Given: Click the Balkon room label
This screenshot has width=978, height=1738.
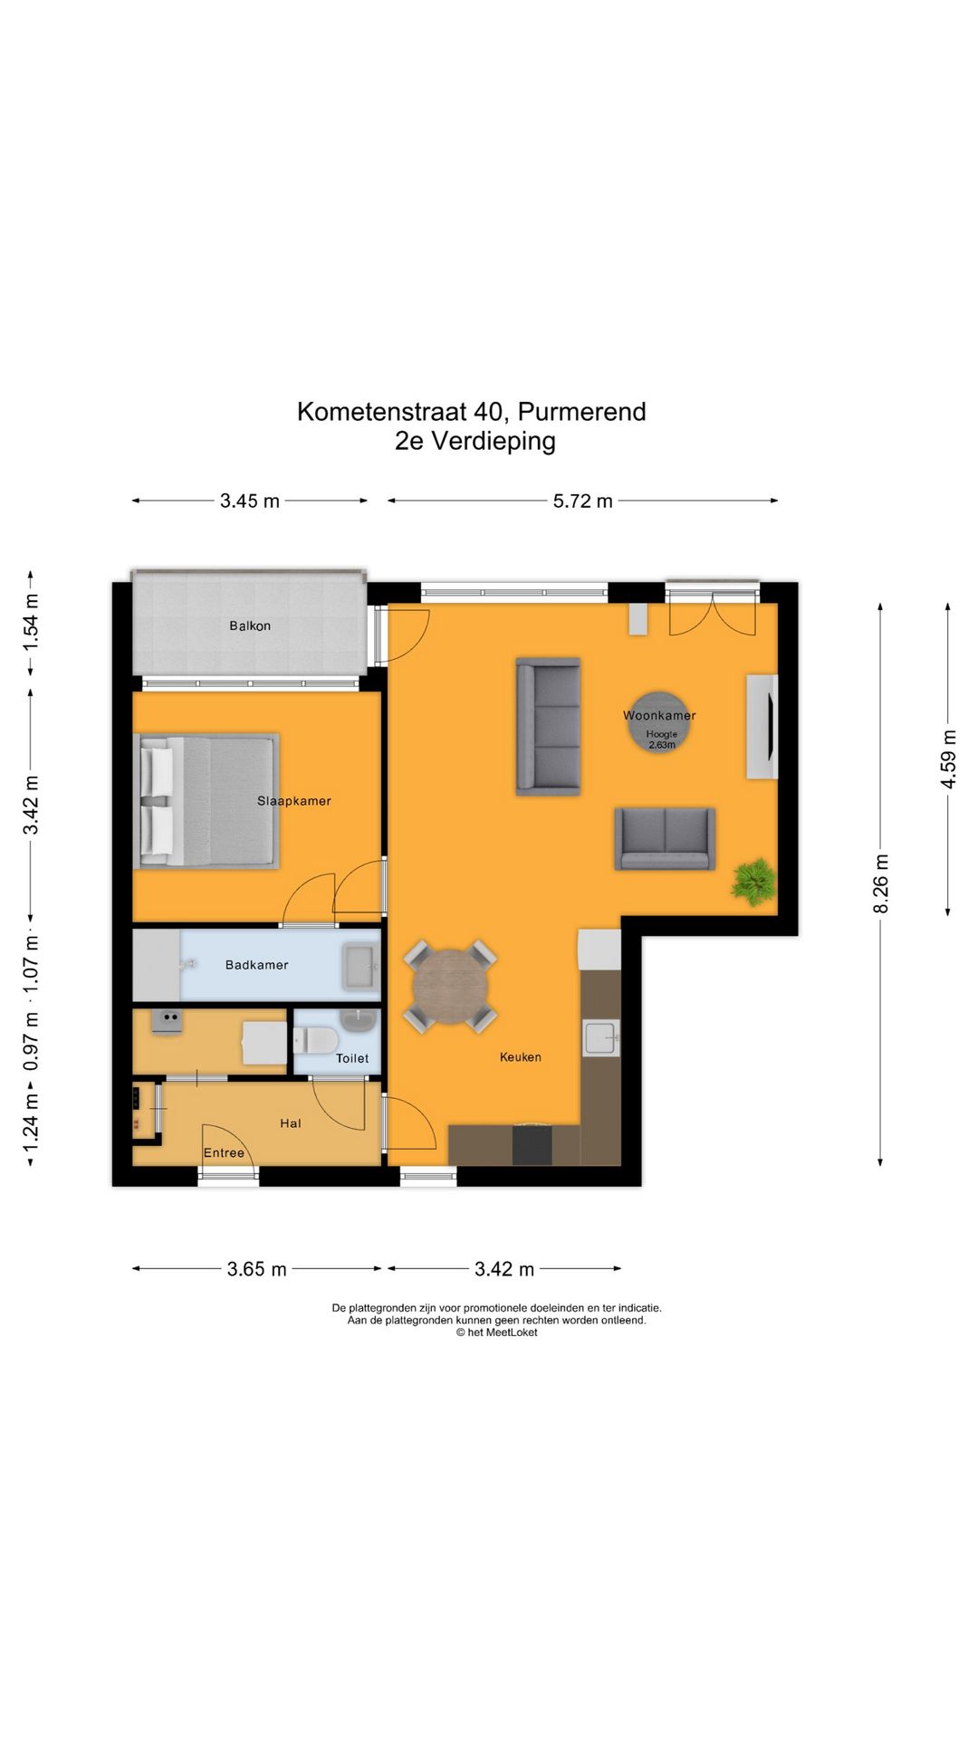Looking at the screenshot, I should (x=250, y=625).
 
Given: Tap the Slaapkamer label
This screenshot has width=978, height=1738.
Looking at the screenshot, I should (x=294, y=801).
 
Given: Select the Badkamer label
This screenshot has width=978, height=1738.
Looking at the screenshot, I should (x=257, y=965).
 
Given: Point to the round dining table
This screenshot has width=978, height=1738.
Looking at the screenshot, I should (x=450, y=986).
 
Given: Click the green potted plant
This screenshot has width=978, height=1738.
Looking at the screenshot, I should (x=753, y=881).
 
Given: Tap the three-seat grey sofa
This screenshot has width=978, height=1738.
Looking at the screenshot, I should (x=548, y=726).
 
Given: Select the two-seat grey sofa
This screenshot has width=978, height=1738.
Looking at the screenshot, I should (x=665, y=838).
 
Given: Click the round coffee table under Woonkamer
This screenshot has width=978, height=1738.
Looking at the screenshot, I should (x=659, y=722).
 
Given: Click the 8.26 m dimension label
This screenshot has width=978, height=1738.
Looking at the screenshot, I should (x=881, y=883).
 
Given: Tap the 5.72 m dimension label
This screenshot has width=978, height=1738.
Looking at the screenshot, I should (x=582, y=501).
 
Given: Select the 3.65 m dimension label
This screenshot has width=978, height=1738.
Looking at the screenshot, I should (x=256, y=1269).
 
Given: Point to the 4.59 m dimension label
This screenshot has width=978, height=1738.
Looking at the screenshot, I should (x=948, y=759).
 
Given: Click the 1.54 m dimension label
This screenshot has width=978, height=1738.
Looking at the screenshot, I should (x=31, y=622).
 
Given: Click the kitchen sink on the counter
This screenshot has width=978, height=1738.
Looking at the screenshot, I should (x=601, y=1037).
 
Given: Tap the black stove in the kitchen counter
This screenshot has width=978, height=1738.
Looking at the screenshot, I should (x=532, y=1145).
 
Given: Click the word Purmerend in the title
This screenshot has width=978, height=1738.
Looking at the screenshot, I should (x=581, y=412).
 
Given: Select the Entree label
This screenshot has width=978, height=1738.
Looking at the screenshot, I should (x=224, y=1152).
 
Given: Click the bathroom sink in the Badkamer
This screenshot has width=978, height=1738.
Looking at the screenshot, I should (x=360, y=966).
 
